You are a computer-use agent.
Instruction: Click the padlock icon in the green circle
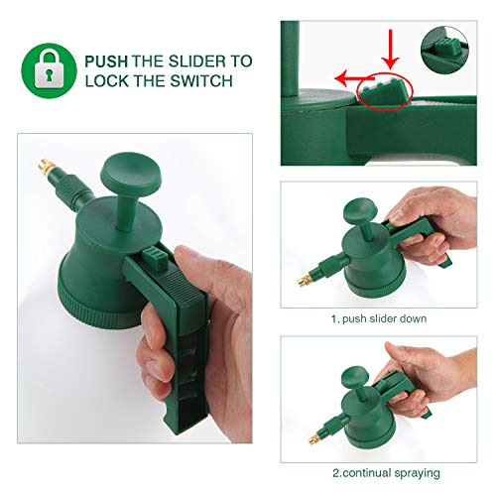click(49, 69)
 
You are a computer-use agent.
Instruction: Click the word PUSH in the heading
click(106, 62)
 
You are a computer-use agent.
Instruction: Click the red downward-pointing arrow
click(391, 49)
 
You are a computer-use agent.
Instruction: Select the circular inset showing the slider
click(444, 51)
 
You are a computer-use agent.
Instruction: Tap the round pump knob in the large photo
click(131, 174)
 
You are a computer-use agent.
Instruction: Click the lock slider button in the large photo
click(155, 259)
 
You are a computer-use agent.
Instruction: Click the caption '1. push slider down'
click(379, 318)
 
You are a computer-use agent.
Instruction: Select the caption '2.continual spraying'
click(386, 473)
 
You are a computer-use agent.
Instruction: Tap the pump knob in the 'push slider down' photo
click(360, 210)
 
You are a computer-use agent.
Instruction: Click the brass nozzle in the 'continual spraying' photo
click(314, 437)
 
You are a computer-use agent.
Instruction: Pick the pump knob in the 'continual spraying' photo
click(355, 376)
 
